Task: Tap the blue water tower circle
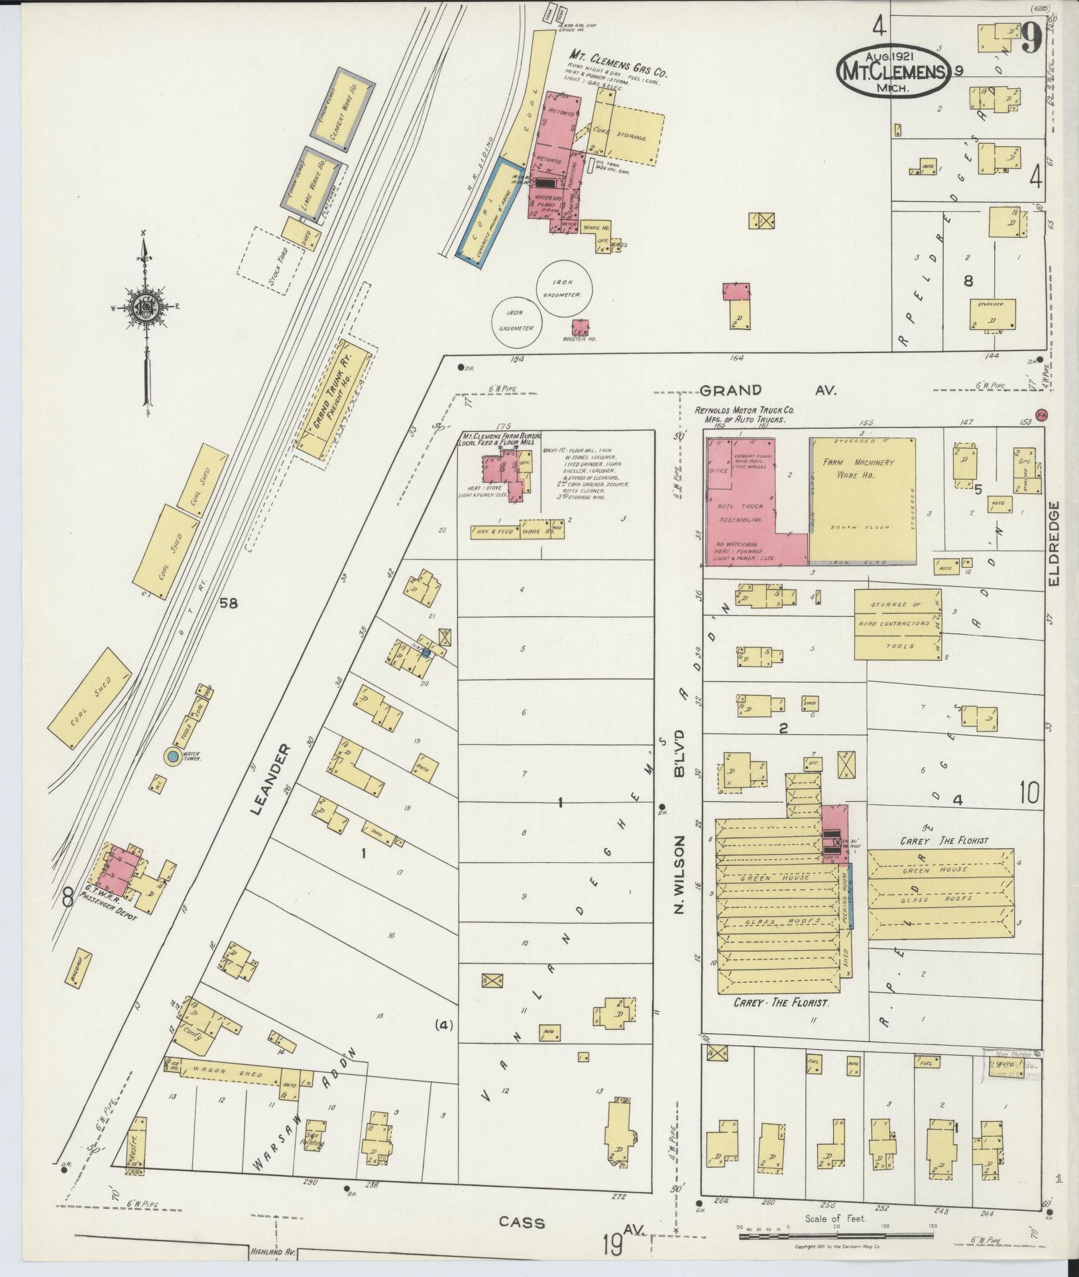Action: click(172, 756)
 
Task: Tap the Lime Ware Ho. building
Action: click(312, 181)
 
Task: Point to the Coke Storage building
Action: click(627, 133)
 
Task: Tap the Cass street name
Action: click(522, 1223)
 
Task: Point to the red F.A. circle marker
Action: click(1041, 414)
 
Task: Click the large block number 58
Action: click(229, 603)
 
